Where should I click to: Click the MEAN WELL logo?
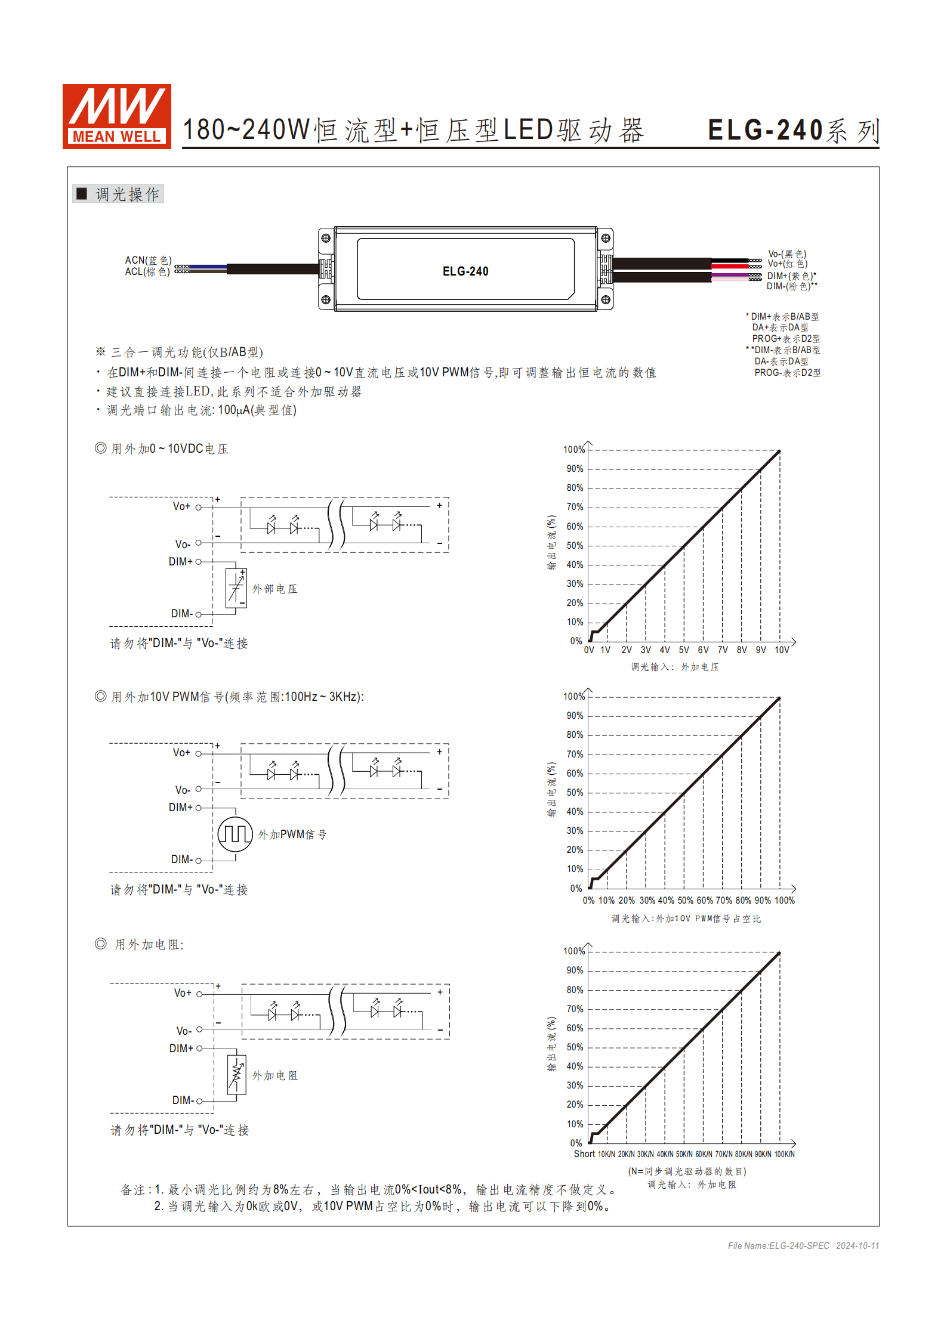click(117, 116)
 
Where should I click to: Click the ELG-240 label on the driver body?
click(465, 271)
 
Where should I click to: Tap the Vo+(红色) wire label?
click(787, 264)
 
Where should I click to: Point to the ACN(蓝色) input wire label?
click(148, 260)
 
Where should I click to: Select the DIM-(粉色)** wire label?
click(791, 286)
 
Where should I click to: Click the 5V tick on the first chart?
click(684, 650)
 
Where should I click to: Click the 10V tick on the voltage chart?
click(782, 650)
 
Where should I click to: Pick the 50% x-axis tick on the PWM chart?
click(685, 901)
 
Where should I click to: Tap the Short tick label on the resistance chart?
click(584, 1154)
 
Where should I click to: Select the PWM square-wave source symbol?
click(235, 834)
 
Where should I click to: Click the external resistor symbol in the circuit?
click(237, 1074)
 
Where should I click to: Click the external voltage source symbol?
click(236, 588)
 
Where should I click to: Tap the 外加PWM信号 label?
click(292, 834)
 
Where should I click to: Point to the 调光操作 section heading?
click(127, 194)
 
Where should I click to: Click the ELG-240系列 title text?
click(793, 131)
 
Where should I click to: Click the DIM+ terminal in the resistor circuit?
click(199, 1048)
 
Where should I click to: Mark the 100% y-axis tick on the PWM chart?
click(574, 696)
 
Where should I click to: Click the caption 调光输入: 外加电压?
click(675, 667)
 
